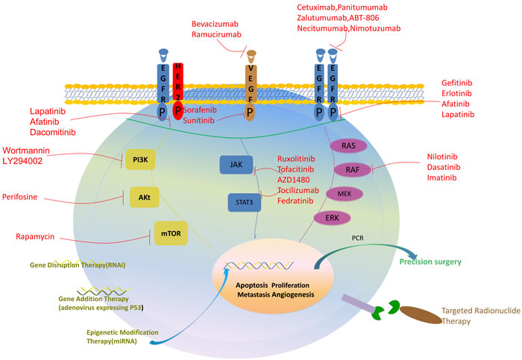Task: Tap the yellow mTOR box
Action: tap(170, 233)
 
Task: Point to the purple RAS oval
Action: tap(348, 146)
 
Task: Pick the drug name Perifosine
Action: tap(40, 198)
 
